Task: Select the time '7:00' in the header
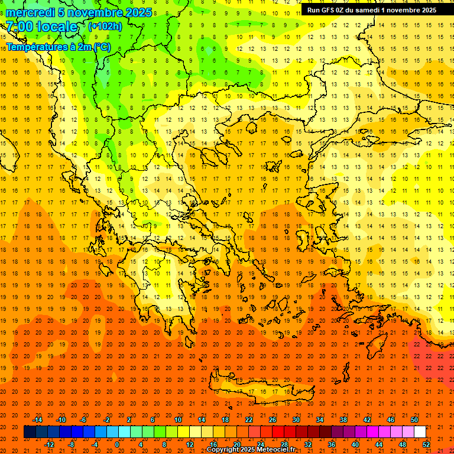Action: point(21,27)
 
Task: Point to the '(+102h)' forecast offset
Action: point(105,26)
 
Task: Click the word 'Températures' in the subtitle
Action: point(35,47)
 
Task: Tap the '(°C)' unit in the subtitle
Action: point(100,47)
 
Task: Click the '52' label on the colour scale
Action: point(426,445)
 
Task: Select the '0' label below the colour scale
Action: point(116,445)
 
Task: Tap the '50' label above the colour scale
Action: point(414,420)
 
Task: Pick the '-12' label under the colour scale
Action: point(49,445)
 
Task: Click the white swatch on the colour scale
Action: point(420,432)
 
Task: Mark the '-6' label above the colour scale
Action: point(83,420)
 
